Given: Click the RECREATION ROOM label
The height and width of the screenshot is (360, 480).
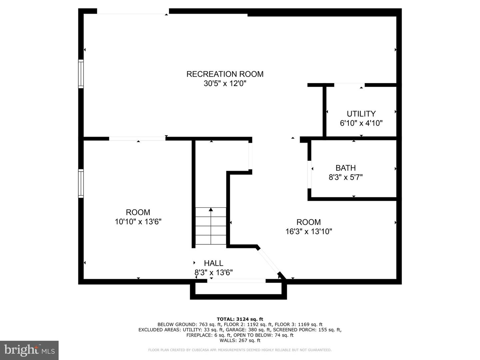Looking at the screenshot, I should point(225,74).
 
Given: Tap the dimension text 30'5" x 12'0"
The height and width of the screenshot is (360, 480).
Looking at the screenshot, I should point(225,83).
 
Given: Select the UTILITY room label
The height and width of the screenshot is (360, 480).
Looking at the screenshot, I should point(361,114).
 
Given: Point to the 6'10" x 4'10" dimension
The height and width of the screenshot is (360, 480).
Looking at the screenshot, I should point(361,123).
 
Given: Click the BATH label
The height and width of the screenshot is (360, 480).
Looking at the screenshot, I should point(345,168).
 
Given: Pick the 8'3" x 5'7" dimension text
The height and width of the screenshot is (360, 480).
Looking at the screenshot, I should point(345,177).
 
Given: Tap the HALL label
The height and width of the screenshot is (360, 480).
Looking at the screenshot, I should point(213,263).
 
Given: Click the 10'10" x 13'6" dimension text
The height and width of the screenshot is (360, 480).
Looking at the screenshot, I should point(138,222).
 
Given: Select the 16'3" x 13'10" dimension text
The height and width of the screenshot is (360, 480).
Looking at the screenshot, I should point(309,231).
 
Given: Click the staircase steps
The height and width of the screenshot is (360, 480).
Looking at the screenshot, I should point(211,227).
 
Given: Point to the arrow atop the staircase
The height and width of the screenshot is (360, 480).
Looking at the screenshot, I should point(211,209).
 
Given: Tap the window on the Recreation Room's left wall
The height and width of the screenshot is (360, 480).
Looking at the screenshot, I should point(81,74).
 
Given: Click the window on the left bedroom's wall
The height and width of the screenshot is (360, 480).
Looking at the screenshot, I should point(81,183).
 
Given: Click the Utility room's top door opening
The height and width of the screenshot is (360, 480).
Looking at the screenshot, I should point(349,85).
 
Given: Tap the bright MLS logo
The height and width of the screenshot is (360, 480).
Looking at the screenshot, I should point(29,350).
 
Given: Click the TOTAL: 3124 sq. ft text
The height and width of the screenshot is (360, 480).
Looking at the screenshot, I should point(240,319).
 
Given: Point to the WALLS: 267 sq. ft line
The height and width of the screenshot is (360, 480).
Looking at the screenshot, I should point(240,340).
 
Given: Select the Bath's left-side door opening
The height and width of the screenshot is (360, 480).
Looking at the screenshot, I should point(309,174).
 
